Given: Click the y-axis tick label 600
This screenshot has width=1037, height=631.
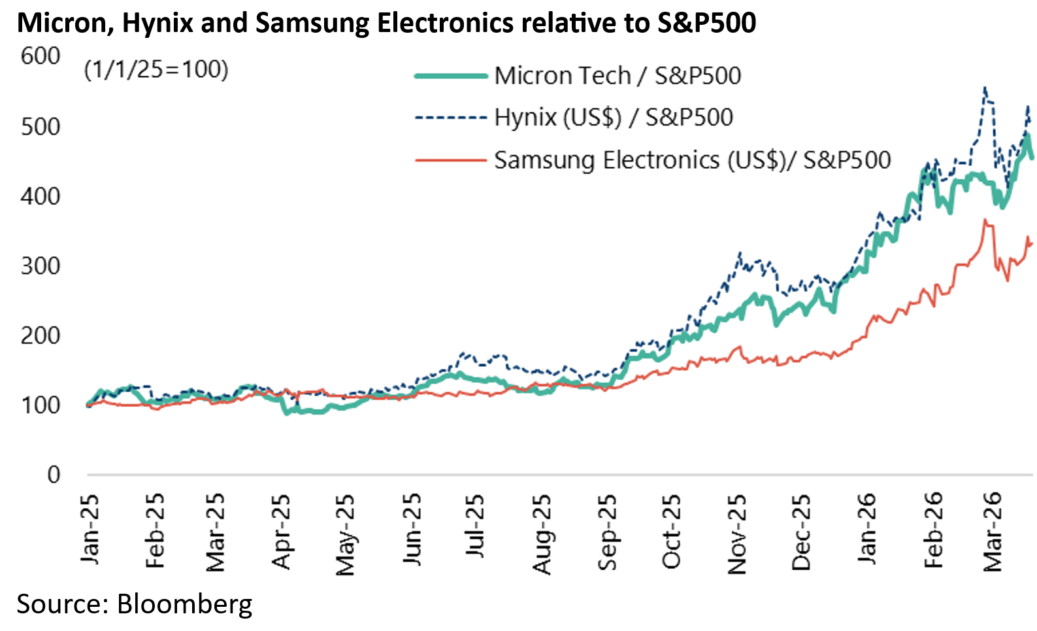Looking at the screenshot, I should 41,56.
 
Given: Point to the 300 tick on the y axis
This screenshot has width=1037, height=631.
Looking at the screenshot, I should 41,266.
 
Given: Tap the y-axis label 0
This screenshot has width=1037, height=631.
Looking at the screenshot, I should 54,475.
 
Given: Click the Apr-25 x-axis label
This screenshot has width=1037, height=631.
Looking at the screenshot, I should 281,531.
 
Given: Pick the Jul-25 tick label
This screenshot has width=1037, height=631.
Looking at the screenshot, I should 475,526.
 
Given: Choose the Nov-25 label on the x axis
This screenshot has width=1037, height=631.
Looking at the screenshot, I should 736,534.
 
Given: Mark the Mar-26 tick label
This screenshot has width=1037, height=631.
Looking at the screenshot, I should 993,531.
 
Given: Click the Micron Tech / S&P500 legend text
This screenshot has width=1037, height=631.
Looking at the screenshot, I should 617,76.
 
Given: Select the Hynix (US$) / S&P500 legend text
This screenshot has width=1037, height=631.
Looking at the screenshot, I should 614,118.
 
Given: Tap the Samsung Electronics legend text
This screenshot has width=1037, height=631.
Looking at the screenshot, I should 692,160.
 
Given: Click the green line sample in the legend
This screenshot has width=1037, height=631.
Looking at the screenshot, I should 451,76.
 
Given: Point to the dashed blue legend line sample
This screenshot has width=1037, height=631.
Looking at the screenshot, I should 451,118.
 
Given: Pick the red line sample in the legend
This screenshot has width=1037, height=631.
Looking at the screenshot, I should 451,160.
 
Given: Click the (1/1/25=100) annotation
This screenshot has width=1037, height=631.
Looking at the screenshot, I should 156,69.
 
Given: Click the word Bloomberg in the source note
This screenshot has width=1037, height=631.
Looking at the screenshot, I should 184,604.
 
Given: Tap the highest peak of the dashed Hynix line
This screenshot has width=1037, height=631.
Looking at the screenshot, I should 985,88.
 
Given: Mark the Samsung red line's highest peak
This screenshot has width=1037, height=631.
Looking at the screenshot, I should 985,220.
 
